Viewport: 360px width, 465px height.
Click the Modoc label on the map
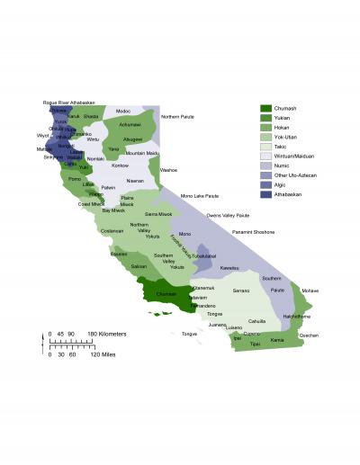(x=123, y=111)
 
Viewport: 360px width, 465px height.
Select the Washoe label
(x=169, y=169)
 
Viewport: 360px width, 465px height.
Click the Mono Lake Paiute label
(x=200, y=195)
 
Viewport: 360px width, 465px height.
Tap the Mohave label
(x=310, y=291)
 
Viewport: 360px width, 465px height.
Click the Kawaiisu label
(x=229, y=268)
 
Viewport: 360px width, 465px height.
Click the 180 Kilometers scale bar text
(x=107, y=334)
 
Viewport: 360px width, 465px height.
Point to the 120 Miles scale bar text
(x=102, y=353)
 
